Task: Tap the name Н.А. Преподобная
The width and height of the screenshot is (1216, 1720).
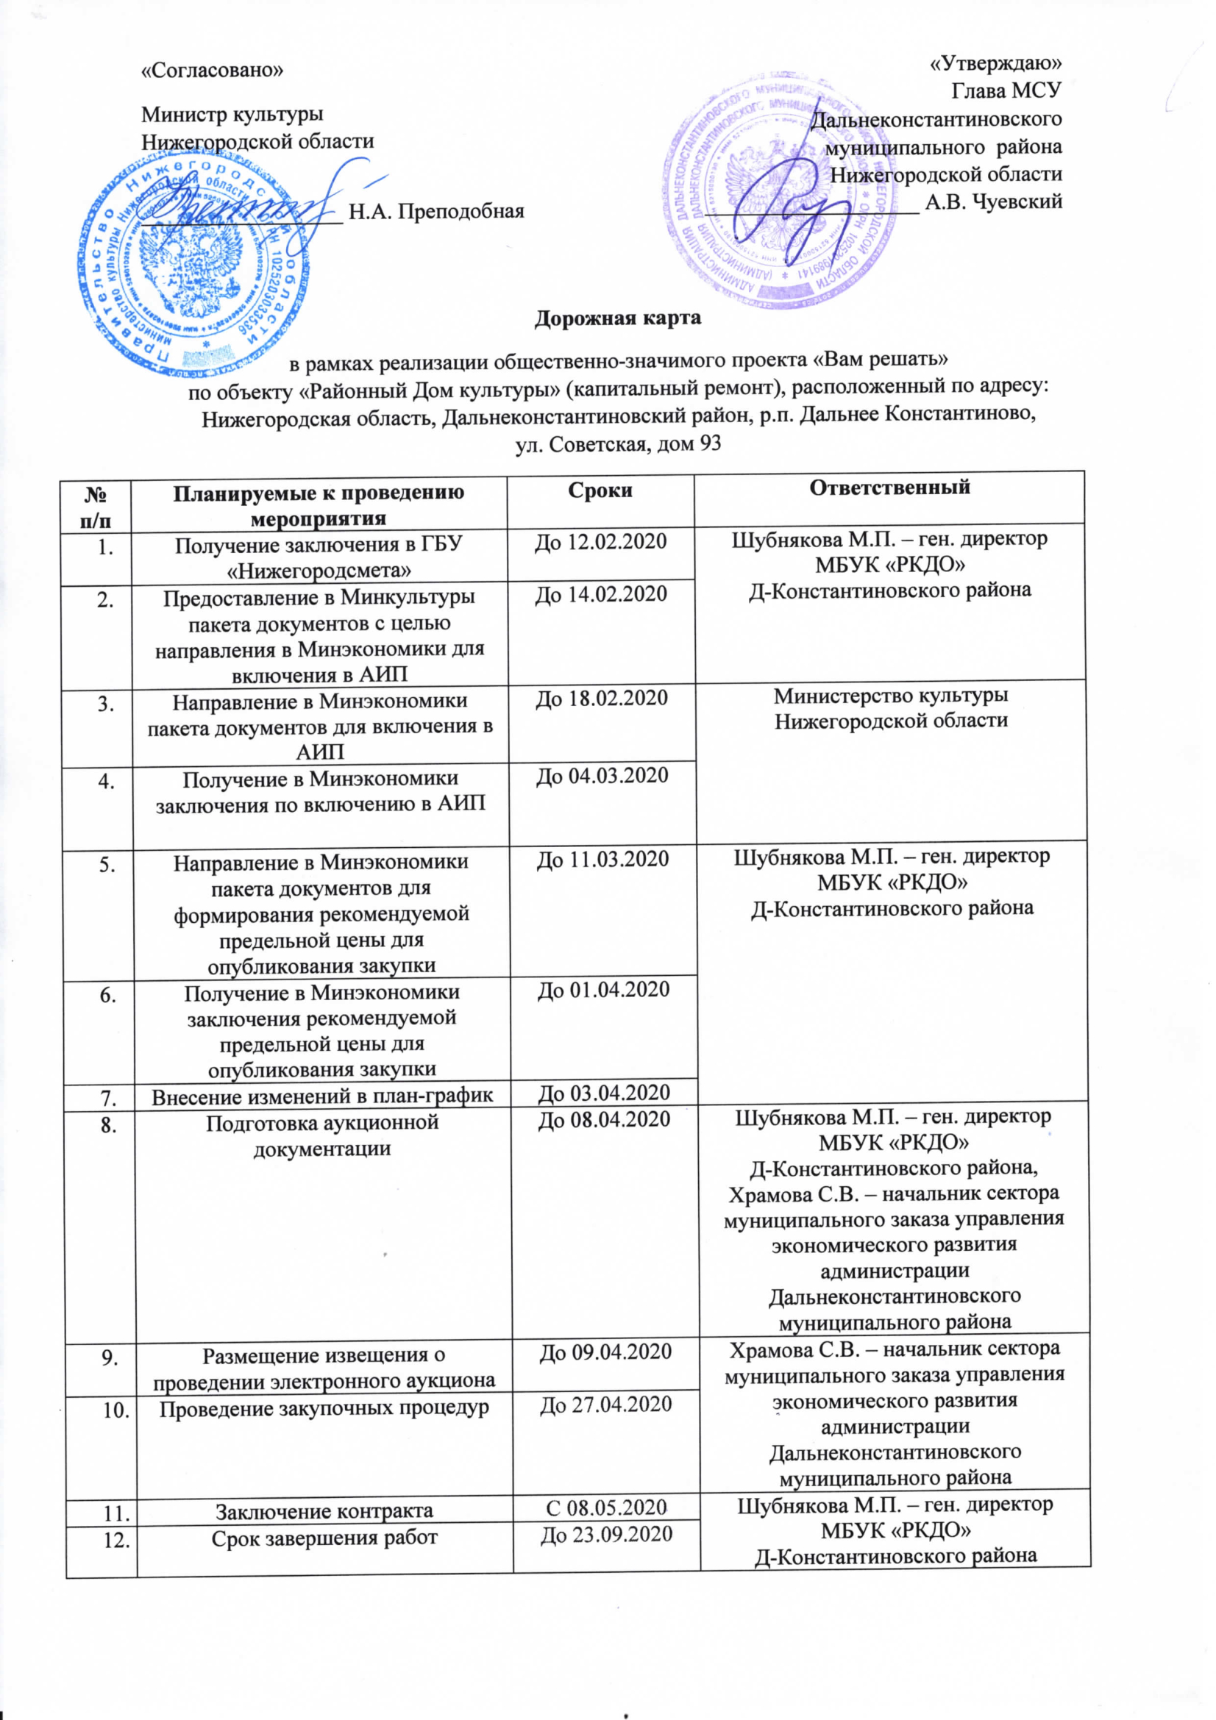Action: pos(437,211)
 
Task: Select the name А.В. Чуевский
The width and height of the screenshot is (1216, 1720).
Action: pos(994,201)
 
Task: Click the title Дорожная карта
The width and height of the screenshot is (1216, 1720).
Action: pos(617,318)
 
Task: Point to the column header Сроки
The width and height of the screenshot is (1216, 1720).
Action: pos(600,490)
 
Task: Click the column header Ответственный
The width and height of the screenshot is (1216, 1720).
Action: pos(889,487)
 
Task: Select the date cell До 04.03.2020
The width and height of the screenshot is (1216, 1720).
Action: pos(602,775)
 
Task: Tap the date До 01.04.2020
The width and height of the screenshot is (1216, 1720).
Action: pos(603,991)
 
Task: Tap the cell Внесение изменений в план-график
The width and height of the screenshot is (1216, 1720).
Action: pos(323,1097)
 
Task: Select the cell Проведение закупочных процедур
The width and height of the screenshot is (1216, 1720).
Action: pos(324,1408)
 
